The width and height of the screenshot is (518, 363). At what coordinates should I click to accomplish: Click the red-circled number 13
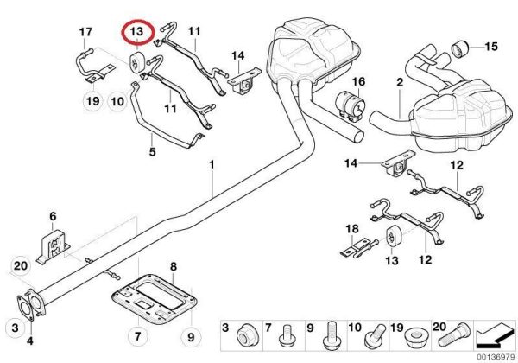click(x=136, y=33)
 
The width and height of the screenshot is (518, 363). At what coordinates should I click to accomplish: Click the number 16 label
click(x=359, y=82)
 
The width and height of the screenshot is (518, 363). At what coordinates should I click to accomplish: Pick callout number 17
click(x=85, y=34)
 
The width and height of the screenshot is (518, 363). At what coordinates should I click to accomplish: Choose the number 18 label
click(x=351, y=229)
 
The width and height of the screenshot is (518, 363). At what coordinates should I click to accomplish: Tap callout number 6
click(x=52, y=217)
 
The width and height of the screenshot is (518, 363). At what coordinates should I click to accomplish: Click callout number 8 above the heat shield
click(x=173, y=266)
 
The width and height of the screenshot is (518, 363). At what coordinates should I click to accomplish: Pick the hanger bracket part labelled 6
click(x=52, y=245)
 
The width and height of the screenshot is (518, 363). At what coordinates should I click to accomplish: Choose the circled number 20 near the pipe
click(x=22, y=265)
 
